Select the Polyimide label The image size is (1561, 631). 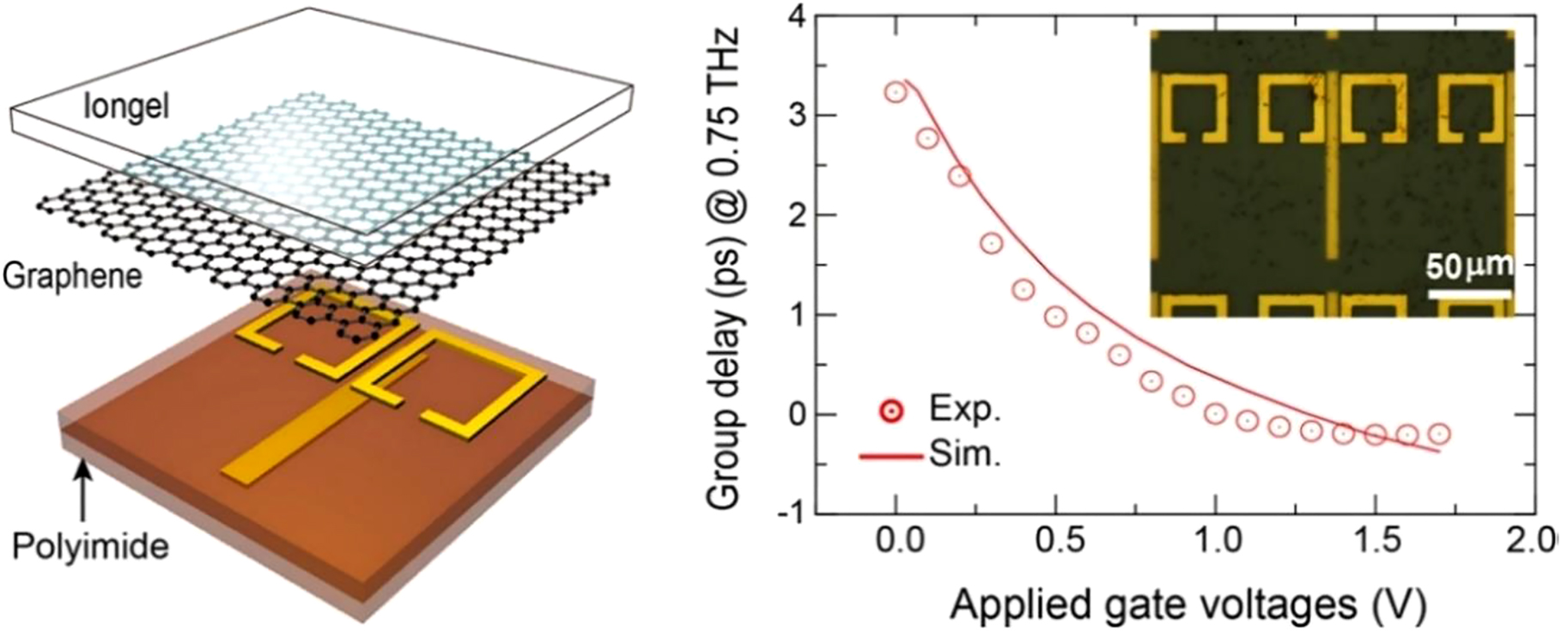pyautogui.click(x=91, y=545)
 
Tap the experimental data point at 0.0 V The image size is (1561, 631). pyautogui.click(x=896, y=93)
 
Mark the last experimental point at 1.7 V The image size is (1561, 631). pyautogui.click(x=1438, y=434)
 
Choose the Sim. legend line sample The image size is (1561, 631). pyautogui.click(x=890, y=457)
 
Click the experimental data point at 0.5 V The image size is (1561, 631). pyautogui.click(x=1055, y=317)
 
